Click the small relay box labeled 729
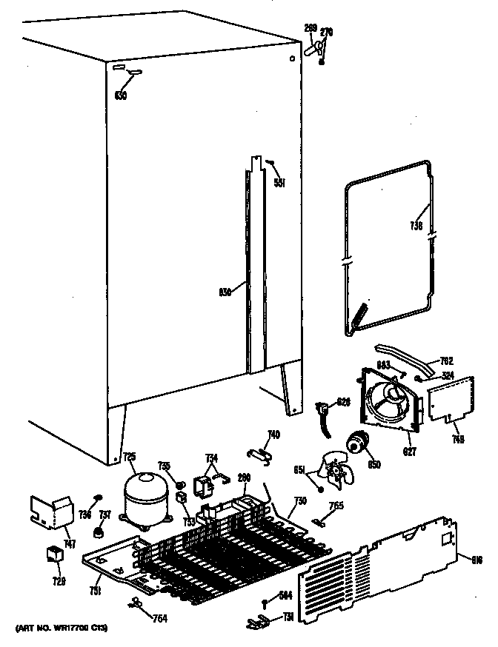coord(54,554)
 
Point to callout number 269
coord(310,29)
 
